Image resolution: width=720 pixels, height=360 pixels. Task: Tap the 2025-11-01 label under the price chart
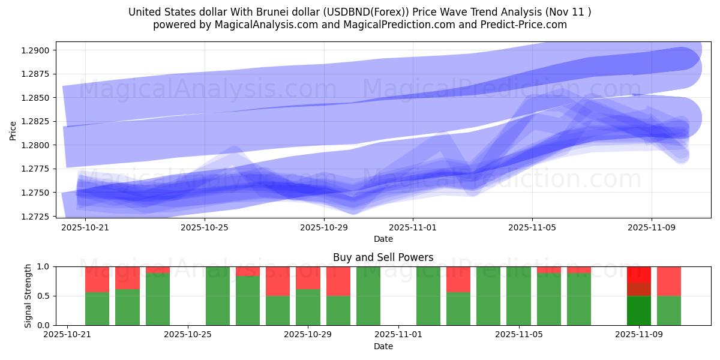413,228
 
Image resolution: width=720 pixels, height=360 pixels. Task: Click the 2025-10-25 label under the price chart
205,228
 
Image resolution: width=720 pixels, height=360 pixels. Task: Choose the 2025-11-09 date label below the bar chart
640,335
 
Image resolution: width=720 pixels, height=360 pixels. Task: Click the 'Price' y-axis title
13,130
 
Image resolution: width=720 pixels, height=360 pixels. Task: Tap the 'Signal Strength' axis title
28,296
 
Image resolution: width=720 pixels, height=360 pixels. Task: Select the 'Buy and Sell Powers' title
383,257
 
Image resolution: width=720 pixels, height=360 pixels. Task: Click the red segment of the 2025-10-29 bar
308,278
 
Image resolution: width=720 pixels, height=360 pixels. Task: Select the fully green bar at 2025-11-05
518,296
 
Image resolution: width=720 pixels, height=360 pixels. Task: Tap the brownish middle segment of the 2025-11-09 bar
639,289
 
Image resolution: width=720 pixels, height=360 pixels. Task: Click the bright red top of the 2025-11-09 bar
639,274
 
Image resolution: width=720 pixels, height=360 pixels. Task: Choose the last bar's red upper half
669,281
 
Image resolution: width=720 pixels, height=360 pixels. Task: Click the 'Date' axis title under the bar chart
383,346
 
